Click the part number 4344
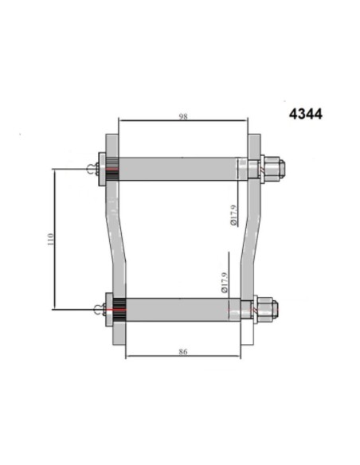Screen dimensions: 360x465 [305, 114]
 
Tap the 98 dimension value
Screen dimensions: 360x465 [183, 116]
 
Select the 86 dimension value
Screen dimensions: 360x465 [183, 352]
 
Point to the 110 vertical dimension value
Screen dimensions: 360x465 [51, 239]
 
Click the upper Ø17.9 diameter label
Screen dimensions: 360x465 [233, 215]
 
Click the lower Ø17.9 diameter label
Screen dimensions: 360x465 [225, 283]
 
